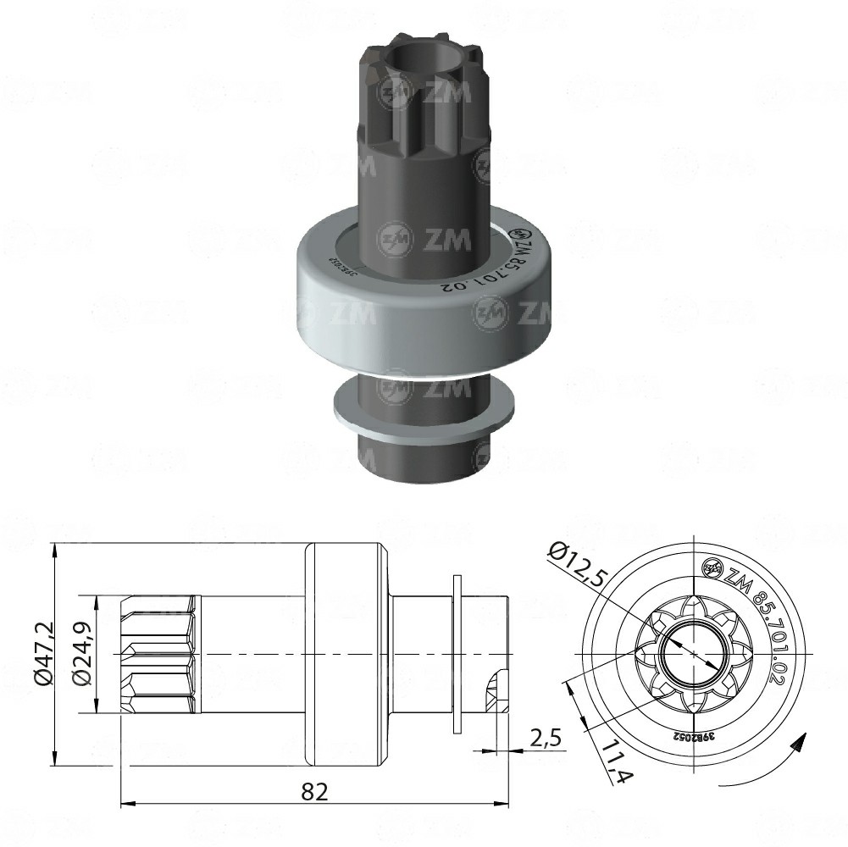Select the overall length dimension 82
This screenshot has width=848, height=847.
(x=314, y=791)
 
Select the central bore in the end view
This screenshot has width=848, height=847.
(x=693, y=653)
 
